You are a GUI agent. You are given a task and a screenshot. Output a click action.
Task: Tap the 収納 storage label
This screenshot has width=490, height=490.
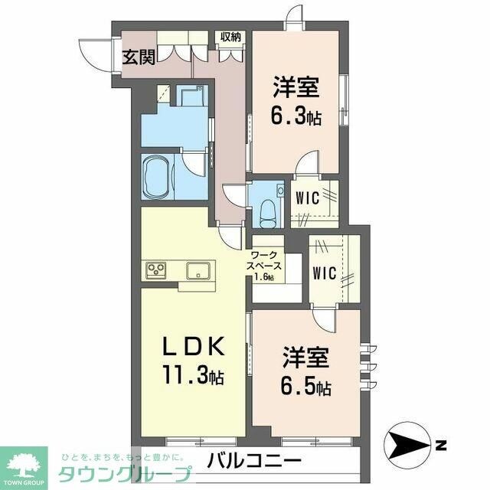231,36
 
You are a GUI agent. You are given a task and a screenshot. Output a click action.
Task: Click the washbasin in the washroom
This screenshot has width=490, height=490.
189,95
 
